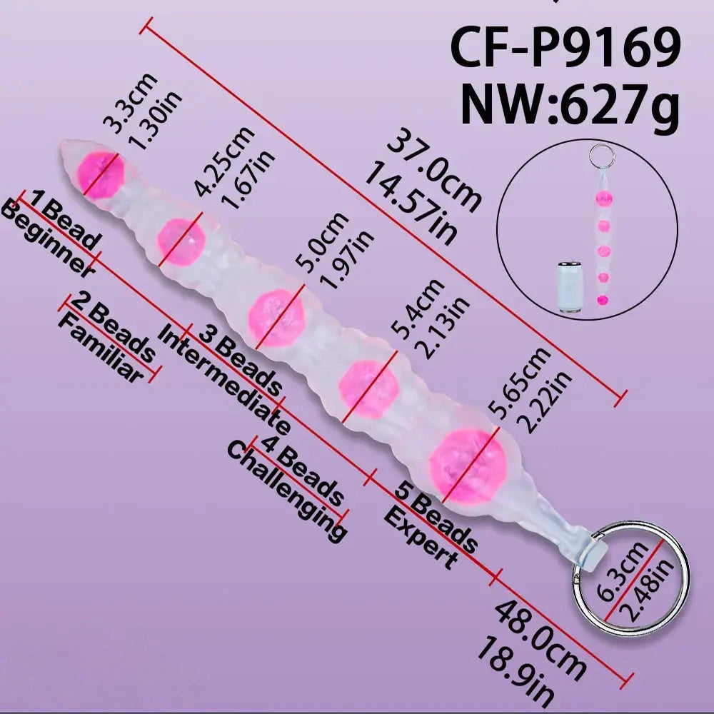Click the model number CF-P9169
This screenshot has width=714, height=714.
tap(565, 47)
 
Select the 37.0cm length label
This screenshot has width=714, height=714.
tap(434, 174)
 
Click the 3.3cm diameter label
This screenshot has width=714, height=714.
tap(130, 104)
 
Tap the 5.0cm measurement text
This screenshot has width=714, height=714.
tap(323, 242)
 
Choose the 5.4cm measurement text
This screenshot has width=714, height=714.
tap(418, 308)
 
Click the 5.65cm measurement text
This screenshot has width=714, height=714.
tap(519, 383)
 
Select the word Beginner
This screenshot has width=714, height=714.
tap(47, 238)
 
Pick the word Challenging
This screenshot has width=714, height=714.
tap(287, 491)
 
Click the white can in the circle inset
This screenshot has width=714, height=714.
tap(569, 287)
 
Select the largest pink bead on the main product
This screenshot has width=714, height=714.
tap(468, 466)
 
